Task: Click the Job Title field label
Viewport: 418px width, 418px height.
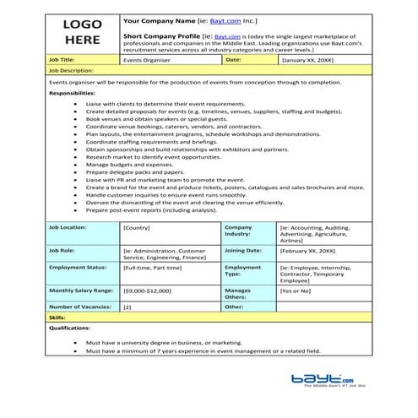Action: coord(64,61)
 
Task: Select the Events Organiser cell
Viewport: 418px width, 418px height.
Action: coord(142,61)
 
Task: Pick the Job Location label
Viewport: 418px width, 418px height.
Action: coord(68,228)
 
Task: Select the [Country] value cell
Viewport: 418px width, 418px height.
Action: coord(137,228)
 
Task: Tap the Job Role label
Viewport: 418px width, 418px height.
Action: coord(62,251)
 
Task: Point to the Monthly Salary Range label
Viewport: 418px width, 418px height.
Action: coord(82,290)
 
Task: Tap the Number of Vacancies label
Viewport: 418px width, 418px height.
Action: coord(80,307)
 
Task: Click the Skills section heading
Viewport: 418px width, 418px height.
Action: coord(57,317)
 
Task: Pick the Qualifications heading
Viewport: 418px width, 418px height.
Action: coord(70,328)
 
